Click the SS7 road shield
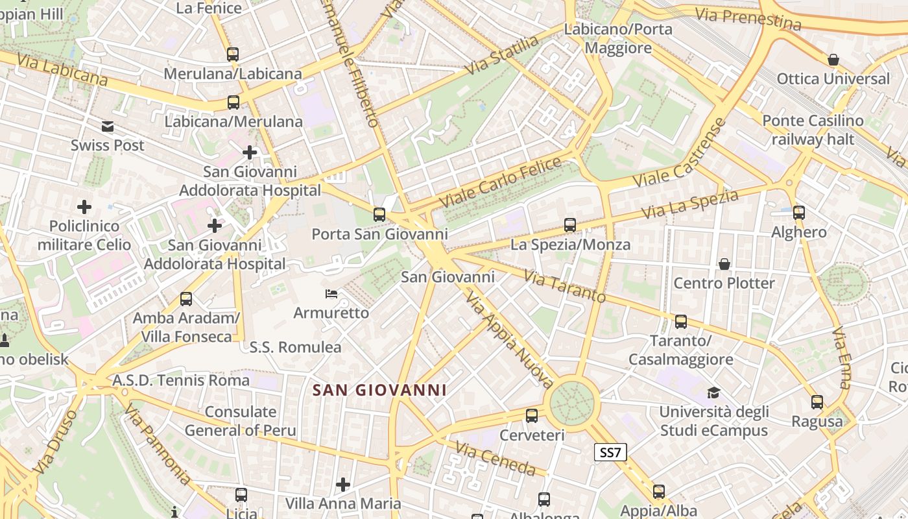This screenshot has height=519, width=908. [x=610, y=452]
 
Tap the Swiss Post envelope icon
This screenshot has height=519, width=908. [x=108, y=127]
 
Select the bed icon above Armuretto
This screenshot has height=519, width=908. [x=331, y=294]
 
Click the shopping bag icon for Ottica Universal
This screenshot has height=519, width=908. [x=833, y=60]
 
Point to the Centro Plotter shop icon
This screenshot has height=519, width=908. [x=724, y=264]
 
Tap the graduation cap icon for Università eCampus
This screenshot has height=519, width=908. [x=713, y=392]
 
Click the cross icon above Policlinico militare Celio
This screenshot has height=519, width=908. [x=84, y=207]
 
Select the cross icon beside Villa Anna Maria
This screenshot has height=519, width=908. [x=343, y=484]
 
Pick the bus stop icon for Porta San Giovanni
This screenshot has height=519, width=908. [x=379, y=214]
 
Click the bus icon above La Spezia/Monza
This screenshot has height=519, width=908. [x=570, y=225]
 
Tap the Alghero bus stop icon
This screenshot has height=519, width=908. [x=799, y=212]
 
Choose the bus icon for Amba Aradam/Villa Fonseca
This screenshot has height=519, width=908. [x=186, y=299]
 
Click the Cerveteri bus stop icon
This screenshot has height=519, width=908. [x=532, y=415]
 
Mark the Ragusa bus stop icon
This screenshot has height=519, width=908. [x=817, y=402]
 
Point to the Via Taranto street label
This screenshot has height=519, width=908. [x=564, y=287]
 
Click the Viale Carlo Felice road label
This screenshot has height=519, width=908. [x=500, y=182]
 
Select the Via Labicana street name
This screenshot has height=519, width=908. [x=63, y=70]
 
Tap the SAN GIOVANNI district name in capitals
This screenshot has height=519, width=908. [x=379, y=390]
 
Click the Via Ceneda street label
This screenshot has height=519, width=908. [x=496, y=459]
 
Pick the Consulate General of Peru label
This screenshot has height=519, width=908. [x=241, y=421]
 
